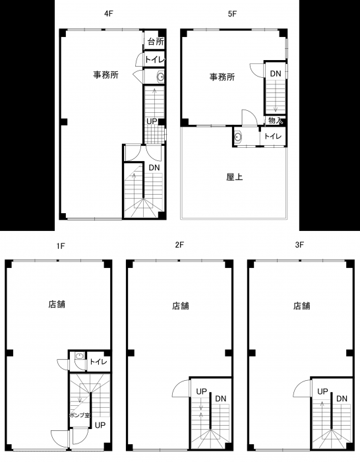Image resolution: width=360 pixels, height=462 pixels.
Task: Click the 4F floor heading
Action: coord(109,14)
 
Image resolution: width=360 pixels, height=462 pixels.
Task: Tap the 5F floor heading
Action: coord(232,14)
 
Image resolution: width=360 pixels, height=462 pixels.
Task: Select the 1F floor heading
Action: coord(61,246)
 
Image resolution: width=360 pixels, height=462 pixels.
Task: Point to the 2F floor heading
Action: coord(179,245)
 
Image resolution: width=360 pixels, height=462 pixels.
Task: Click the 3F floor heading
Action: coord(299,245)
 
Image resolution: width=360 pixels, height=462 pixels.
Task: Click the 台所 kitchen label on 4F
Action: coord(156,41)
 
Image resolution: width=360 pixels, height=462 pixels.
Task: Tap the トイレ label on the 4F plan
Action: coord(155,59)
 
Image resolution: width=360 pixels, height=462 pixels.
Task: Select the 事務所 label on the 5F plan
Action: coord(222,77)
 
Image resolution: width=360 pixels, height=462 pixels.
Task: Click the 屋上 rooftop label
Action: coord(235,177)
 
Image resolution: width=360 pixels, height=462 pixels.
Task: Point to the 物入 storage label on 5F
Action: coord(276,120)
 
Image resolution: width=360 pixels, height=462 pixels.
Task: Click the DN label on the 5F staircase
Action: coord(276,73)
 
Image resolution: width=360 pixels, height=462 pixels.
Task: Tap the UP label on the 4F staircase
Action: coord(152,121)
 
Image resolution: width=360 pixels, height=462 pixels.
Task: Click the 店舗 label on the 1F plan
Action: coord(57,304)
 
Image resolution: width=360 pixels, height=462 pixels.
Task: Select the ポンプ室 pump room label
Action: coord(80,415)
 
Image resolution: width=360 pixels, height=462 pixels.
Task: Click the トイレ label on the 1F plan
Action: coord(98,361)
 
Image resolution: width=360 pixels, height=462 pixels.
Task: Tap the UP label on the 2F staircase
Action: coord(202,391)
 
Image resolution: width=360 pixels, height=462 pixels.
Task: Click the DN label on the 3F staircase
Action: coord(342,399)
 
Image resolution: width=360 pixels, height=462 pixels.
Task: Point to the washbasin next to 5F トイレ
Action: coord(238,137)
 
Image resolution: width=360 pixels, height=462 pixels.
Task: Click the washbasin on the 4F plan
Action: coord(160,77)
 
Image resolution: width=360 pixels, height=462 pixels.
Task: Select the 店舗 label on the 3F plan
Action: coord(302,306)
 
